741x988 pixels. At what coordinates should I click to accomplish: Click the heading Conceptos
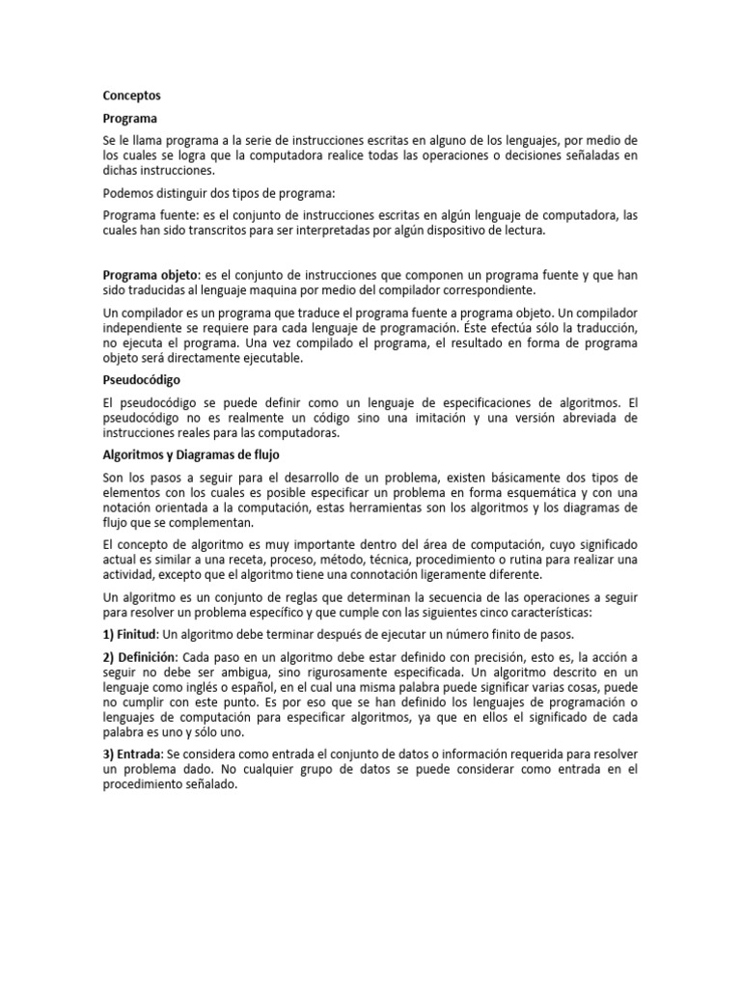click(132, 96)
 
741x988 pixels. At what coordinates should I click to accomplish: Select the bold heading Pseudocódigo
click(143, 380)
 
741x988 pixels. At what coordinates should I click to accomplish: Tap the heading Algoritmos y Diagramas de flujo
click(191, 454)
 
